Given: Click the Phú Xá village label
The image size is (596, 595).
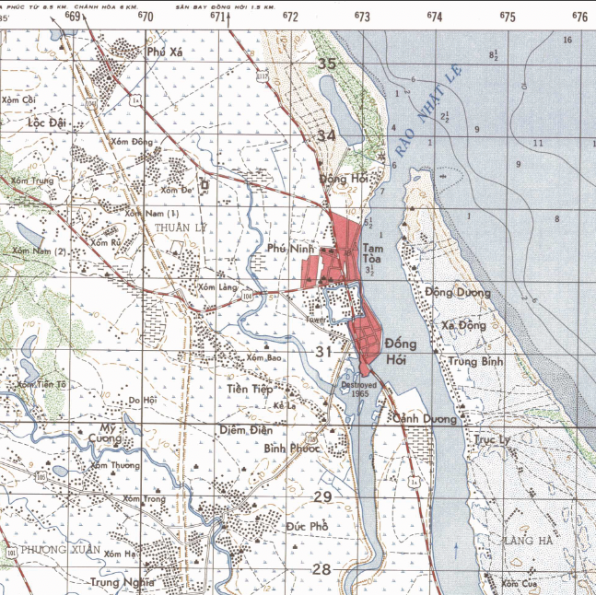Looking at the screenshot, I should coord(166,52).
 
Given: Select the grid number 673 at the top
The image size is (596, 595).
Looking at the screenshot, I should coord(361,17).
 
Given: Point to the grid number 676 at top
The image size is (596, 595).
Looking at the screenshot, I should coord(579,17).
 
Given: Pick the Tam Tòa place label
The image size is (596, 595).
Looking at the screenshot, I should coord(372,253).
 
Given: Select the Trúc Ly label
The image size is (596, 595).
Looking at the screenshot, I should coord(492,440).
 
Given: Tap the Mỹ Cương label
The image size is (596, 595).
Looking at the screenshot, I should coord(111,436).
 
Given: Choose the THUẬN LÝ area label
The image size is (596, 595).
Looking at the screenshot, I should coord(177,227).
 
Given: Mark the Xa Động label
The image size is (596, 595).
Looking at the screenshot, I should coord(463,326).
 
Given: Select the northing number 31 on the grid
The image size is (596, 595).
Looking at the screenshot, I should coord(323,352).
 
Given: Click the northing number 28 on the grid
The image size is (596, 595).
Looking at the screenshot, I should coord(321,569).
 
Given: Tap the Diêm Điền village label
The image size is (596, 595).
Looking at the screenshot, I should coord(244,429).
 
